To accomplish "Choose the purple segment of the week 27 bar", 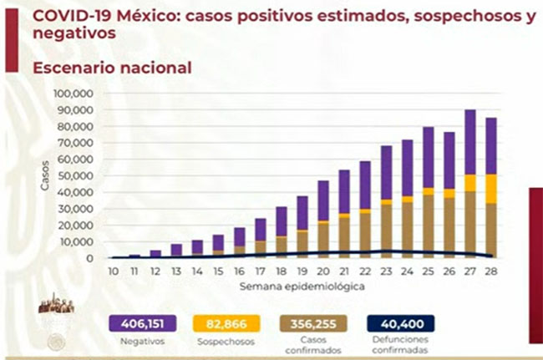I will (x=470, y=142).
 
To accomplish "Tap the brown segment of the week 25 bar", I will (x=429, y=226).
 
